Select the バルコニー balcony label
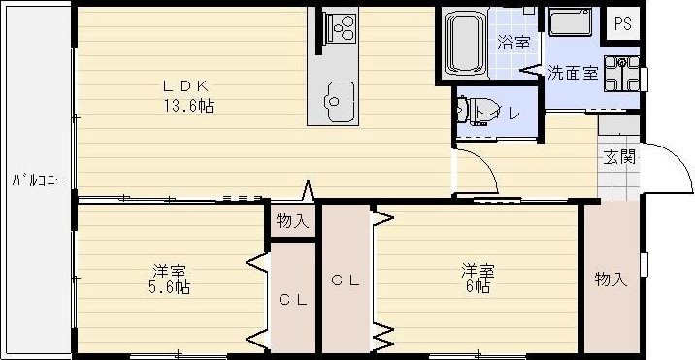click(37, 180)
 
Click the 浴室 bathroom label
click(513, 43)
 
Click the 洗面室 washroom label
click(570, 72)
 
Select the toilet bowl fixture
click(472, 112)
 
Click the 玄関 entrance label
click(619, 157)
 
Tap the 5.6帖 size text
click(169, 287)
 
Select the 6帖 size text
click(476, 287)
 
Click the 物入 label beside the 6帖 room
click(611, 279)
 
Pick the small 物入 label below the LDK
click(292, 221)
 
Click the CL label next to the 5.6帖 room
click(293, 300)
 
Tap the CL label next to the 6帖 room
click(347, 281)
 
